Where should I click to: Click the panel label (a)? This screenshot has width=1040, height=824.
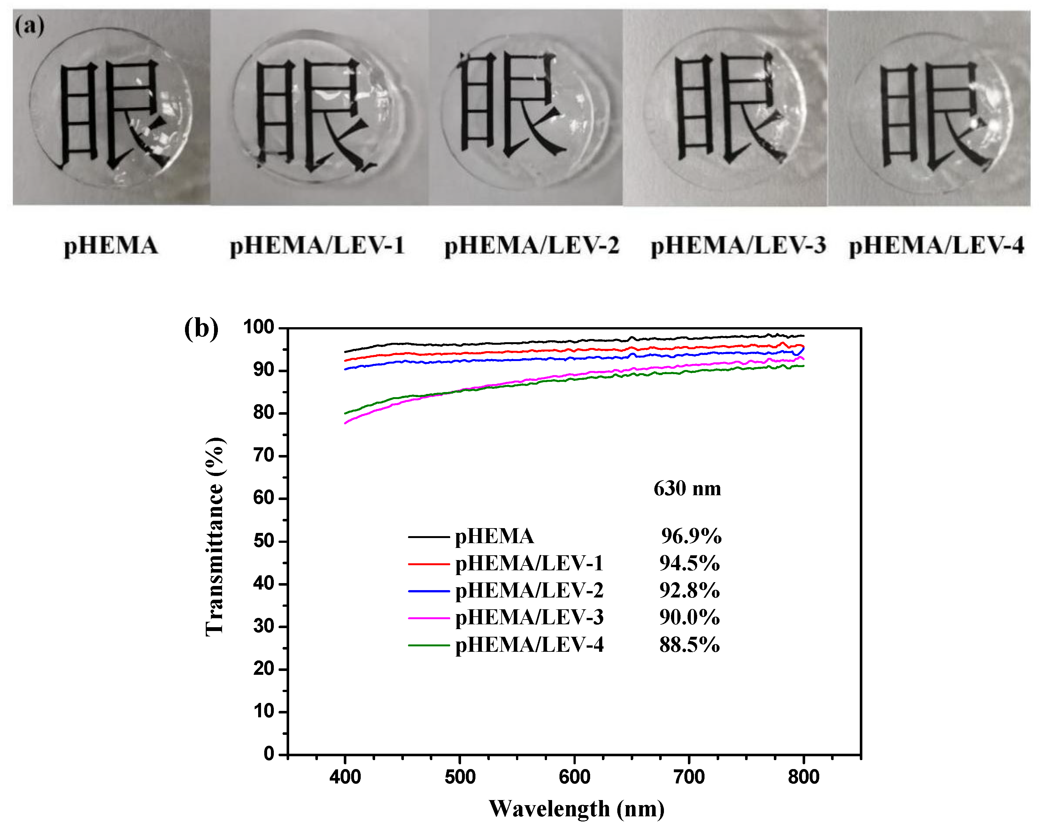coord(29,26)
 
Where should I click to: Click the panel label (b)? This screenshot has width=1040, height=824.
coord(201,329)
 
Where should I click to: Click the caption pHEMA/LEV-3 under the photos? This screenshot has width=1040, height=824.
coord(738,246)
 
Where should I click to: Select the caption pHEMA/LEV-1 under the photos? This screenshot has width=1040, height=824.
coord(317,246)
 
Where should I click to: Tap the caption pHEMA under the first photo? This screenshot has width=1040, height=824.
coord(111,246)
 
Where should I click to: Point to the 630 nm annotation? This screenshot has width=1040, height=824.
coord(687,489)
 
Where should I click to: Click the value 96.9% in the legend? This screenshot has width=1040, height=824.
coord(691,536)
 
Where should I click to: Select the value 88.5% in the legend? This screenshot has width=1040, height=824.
coord(689,644)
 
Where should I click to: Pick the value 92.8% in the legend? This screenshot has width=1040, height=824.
coord(689,590)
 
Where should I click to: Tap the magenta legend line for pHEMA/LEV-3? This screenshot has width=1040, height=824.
coord(429,618)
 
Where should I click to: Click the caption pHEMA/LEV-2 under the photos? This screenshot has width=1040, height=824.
coord(532,246)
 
